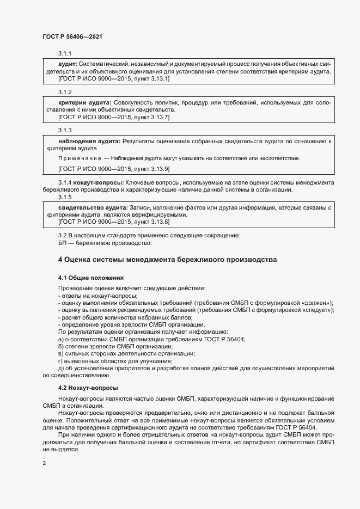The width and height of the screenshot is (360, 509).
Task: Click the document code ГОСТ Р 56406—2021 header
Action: [72, 36]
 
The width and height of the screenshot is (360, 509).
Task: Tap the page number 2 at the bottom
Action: [44, 463]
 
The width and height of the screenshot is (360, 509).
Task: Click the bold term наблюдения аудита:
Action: [89, 141]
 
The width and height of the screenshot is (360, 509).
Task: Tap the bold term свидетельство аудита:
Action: [93, 208]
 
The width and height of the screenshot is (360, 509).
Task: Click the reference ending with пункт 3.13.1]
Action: [114, 78]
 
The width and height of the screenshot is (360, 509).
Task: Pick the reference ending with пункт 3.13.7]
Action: [114, 117]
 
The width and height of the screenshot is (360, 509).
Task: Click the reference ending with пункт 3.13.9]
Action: [114, 169]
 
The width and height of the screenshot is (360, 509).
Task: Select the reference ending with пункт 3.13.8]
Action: [114, 222]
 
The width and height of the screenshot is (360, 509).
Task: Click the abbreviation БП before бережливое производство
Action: [63, 243]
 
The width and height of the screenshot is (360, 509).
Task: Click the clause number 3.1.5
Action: [65, 197]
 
